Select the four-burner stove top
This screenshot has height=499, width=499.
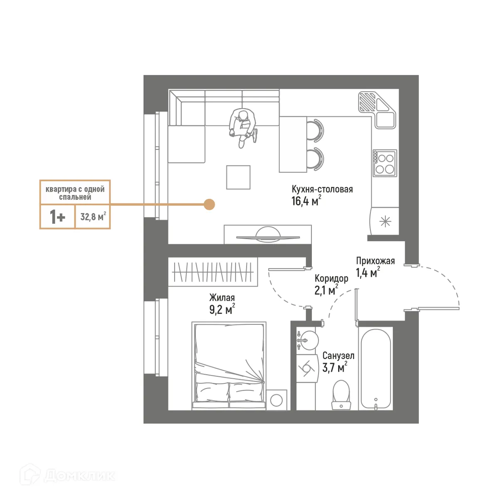tap(385, 163)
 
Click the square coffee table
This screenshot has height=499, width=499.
tap(238, 177)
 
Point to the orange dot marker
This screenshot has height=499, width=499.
tap(210, 204)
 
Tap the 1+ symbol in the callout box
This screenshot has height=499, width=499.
tap(57, 217)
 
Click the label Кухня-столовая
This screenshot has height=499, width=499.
tap(322, 189)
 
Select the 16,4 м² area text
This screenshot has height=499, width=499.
tap(306, 202)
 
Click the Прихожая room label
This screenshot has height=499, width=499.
tap(375, 261)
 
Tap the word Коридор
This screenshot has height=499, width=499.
tap(331, 278)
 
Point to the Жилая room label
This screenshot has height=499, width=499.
tap(222, 298)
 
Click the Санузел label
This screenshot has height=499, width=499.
tap(338, 356)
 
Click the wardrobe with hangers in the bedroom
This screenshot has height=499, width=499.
tap(213, 272)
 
